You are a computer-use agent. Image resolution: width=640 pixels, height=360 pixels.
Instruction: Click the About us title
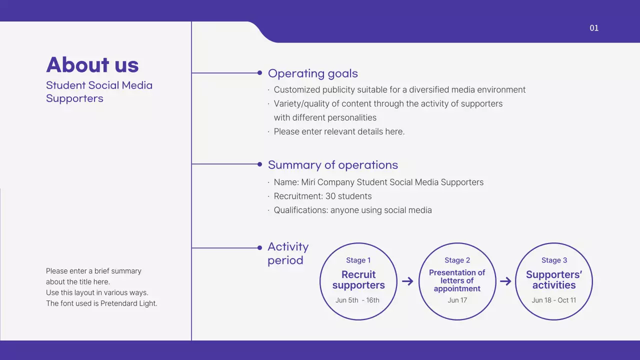tap(92, 65)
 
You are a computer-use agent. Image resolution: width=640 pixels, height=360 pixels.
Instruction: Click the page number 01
tap(594, 28)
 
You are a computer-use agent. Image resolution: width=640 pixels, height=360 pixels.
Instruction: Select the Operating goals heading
tap(313, 73)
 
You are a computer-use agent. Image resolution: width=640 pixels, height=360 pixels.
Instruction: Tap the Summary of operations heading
tap(333, 165)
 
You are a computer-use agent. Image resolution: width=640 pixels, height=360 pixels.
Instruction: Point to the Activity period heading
tap(288, 253)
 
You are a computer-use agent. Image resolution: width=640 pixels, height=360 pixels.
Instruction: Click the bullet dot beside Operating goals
tap(259, 73)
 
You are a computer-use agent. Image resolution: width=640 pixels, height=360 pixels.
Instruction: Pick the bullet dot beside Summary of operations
tap(259, 164)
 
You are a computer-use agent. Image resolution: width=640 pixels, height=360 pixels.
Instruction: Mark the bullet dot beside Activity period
tap(259, 247)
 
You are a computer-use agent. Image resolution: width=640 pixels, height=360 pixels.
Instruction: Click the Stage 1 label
tap(358, 260)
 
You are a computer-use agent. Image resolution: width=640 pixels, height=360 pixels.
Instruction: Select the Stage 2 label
tap(457, 260)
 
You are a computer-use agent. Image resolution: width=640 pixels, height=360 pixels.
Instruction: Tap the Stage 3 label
tap(554, 260)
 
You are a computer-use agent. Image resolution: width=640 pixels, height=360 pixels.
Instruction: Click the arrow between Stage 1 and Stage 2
tap(407, 281)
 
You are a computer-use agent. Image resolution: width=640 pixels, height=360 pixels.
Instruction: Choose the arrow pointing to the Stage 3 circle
tap(505, 281)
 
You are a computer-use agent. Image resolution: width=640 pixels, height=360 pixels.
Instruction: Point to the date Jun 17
tap(457, 300)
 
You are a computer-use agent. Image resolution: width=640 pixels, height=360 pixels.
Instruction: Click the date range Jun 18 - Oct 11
tap(554, 300)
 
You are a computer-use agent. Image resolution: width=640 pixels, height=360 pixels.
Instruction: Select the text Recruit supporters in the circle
tap(358, 280)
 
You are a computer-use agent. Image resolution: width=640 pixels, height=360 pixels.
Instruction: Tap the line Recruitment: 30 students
tap(322, 196)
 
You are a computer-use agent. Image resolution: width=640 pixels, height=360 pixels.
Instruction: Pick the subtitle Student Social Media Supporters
tap(99, 91)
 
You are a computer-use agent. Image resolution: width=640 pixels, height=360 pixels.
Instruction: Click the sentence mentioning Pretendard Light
tap(101, 303)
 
